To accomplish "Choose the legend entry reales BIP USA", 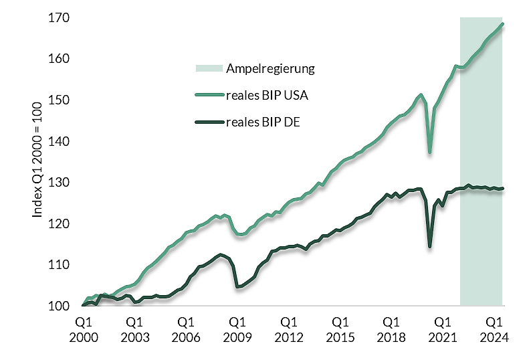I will point(267,95).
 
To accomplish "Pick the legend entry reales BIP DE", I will point(263,122).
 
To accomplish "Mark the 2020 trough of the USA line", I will point(429,152).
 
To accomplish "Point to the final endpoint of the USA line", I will point(502,24).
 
